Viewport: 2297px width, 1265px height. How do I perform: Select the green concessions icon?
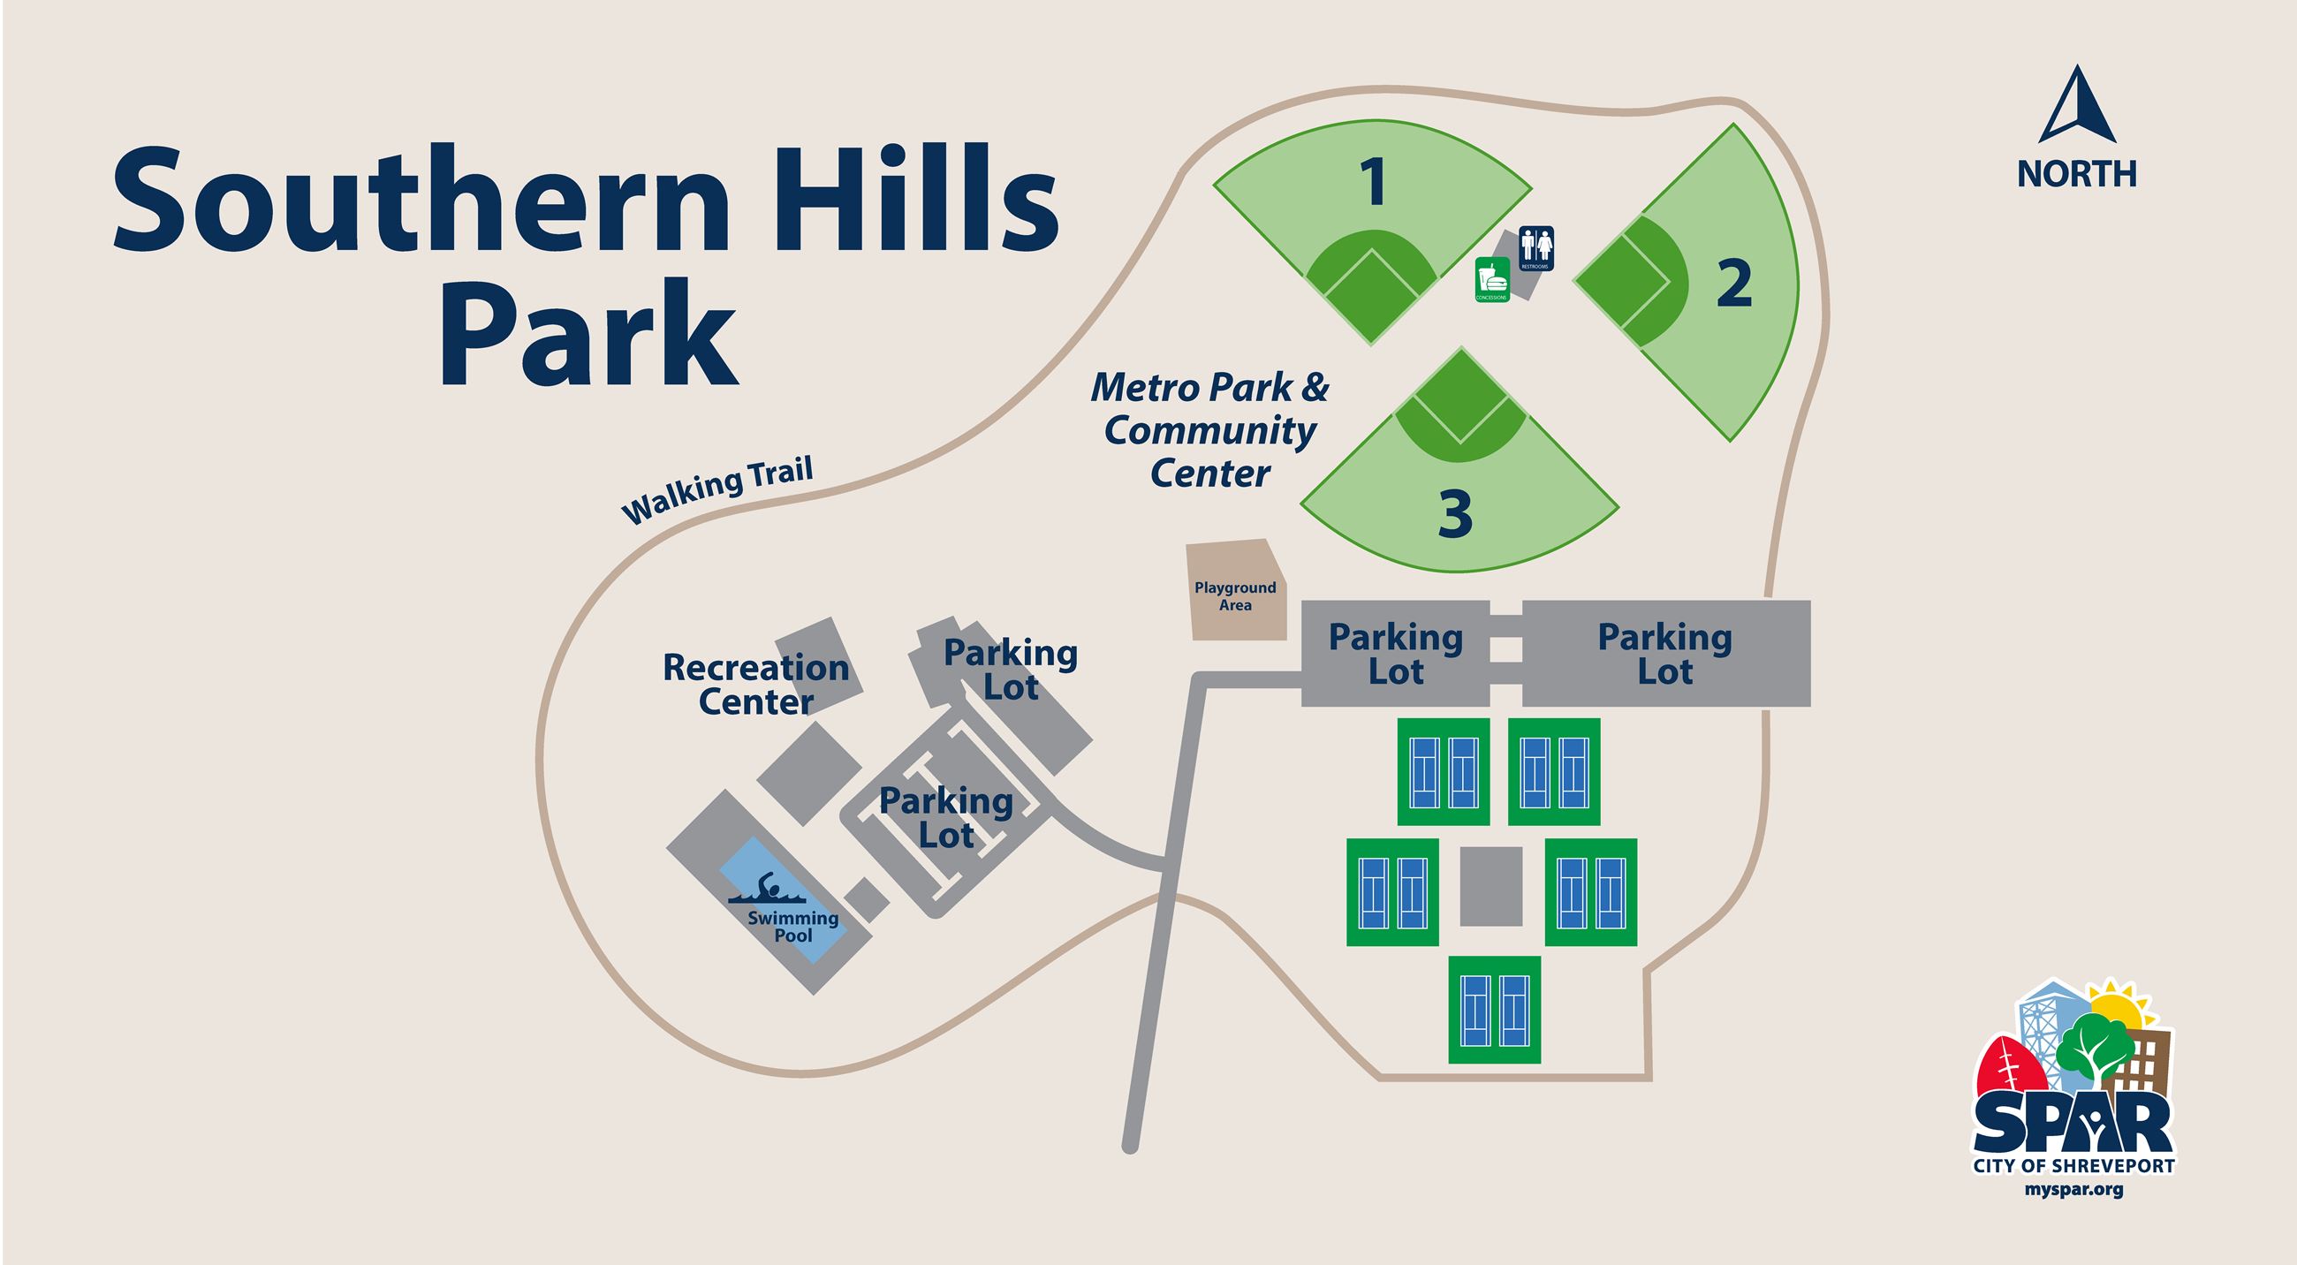point(1492,279)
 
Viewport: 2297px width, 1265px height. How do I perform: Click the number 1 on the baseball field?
point(1374,183)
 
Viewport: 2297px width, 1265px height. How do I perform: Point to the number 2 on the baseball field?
point(1734,284)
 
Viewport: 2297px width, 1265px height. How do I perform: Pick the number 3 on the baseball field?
point(1455,514)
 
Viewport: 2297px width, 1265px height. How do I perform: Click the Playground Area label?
point(1235,596)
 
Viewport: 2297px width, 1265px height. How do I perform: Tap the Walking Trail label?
point(716,492)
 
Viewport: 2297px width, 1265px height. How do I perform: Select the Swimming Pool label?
point(792,927)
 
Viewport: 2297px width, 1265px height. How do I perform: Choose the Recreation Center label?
point(755,685)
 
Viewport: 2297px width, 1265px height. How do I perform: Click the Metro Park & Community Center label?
point(1210,430)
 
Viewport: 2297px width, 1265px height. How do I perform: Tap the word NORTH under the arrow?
point(2077,174)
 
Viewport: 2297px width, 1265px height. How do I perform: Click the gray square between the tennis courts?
point(1491,886)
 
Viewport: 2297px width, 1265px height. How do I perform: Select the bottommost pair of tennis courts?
point(1494,1010)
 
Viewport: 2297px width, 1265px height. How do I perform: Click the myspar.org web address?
point(2074,1189)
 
